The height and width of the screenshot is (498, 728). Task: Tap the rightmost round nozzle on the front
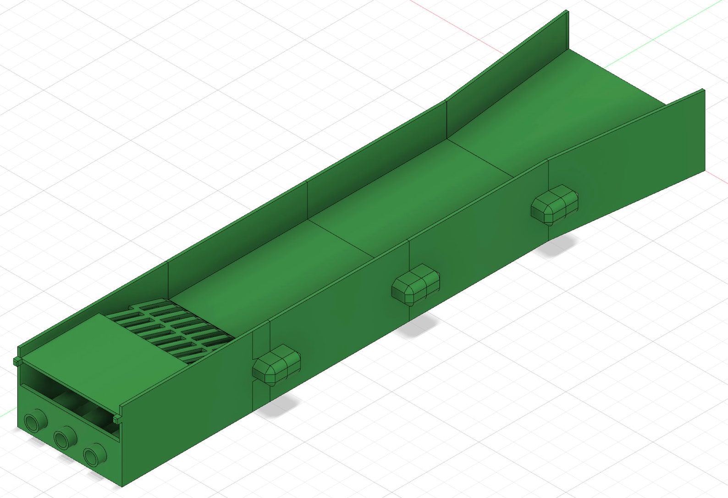pyautogui.click(x=93, y=456)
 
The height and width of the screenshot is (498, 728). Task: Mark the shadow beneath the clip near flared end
pyautogui.click(x=557, y=245)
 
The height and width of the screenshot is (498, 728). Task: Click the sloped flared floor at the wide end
pyautogui.click(x=573, y=101)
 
